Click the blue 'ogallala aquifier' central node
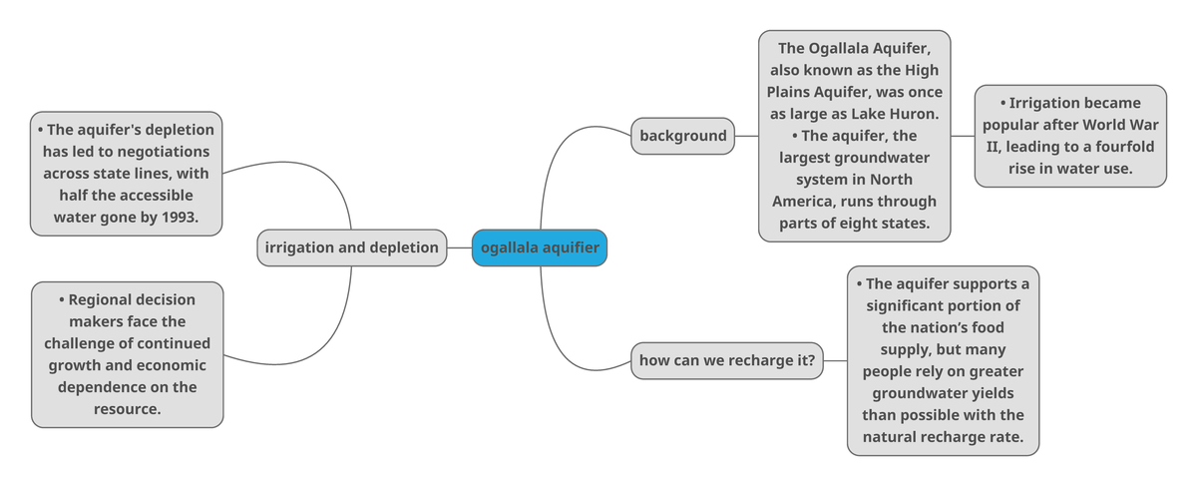click(539, 247)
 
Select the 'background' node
click(683, 136)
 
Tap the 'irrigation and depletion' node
click(352, 247)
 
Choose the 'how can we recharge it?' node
click(727, 360)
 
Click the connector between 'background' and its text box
click(746, 136)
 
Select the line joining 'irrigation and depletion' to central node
click(459, 247)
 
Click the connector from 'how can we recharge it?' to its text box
click(836, 360)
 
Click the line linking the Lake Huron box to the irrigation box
click(963, 136)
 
